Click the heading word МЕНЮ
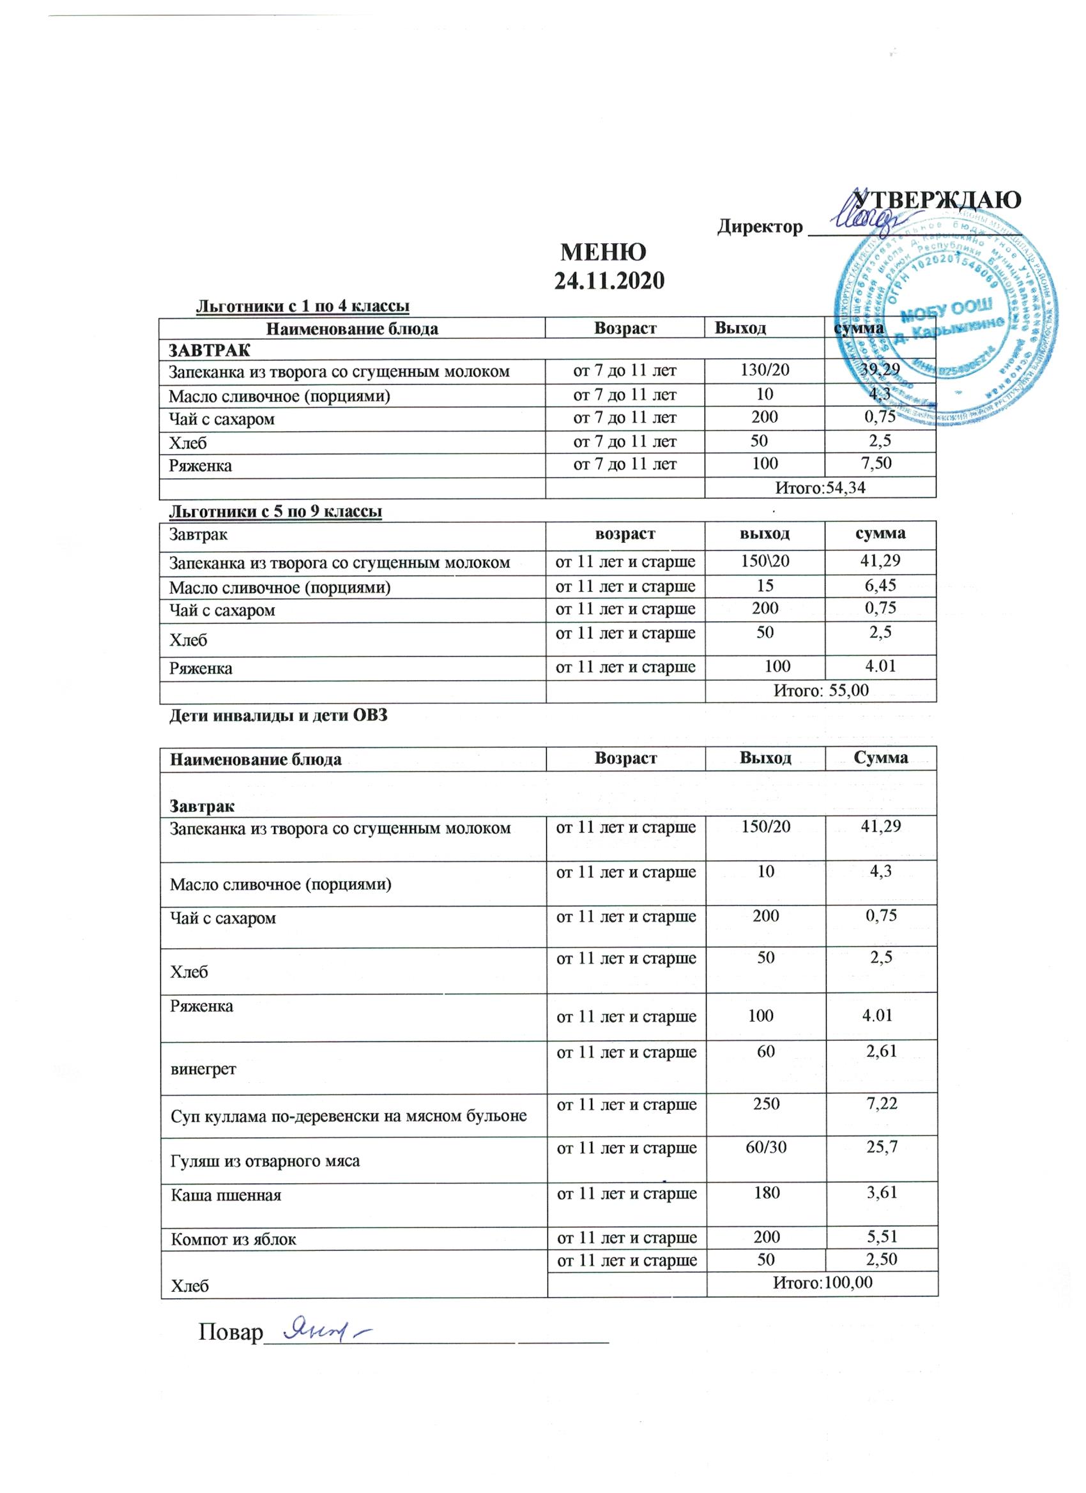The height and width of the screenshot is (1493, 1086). click(x=602, y=252)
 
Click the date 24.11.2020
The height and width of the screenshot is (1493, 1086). click(x=609, y=281)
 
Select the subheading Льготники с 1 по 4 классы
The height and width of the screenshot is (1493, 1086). click(x=303, y=306)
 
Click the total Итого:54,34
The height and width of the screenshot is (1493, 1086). click(x=820, y=488)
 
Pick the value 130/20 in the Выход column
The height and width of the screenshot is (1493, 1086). click(x=765, y=370)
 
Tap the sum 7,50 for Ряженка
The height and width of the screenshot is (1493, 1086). click(x=876, y=464)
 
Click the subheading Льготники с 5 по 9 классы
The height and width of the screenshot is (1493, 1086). click(x=276, y=512)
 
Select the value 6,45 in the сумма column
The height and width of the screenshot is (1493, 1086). click(x=880, y=585)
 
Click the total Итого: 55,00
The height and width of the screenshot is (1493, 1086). click(x=821, y=690)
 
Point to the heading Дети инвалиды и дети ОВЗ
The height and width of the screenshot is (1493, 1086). click(x=279, y=716)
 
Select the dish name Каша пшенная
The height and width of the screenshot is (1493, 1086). click(x=226, y=1195)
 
